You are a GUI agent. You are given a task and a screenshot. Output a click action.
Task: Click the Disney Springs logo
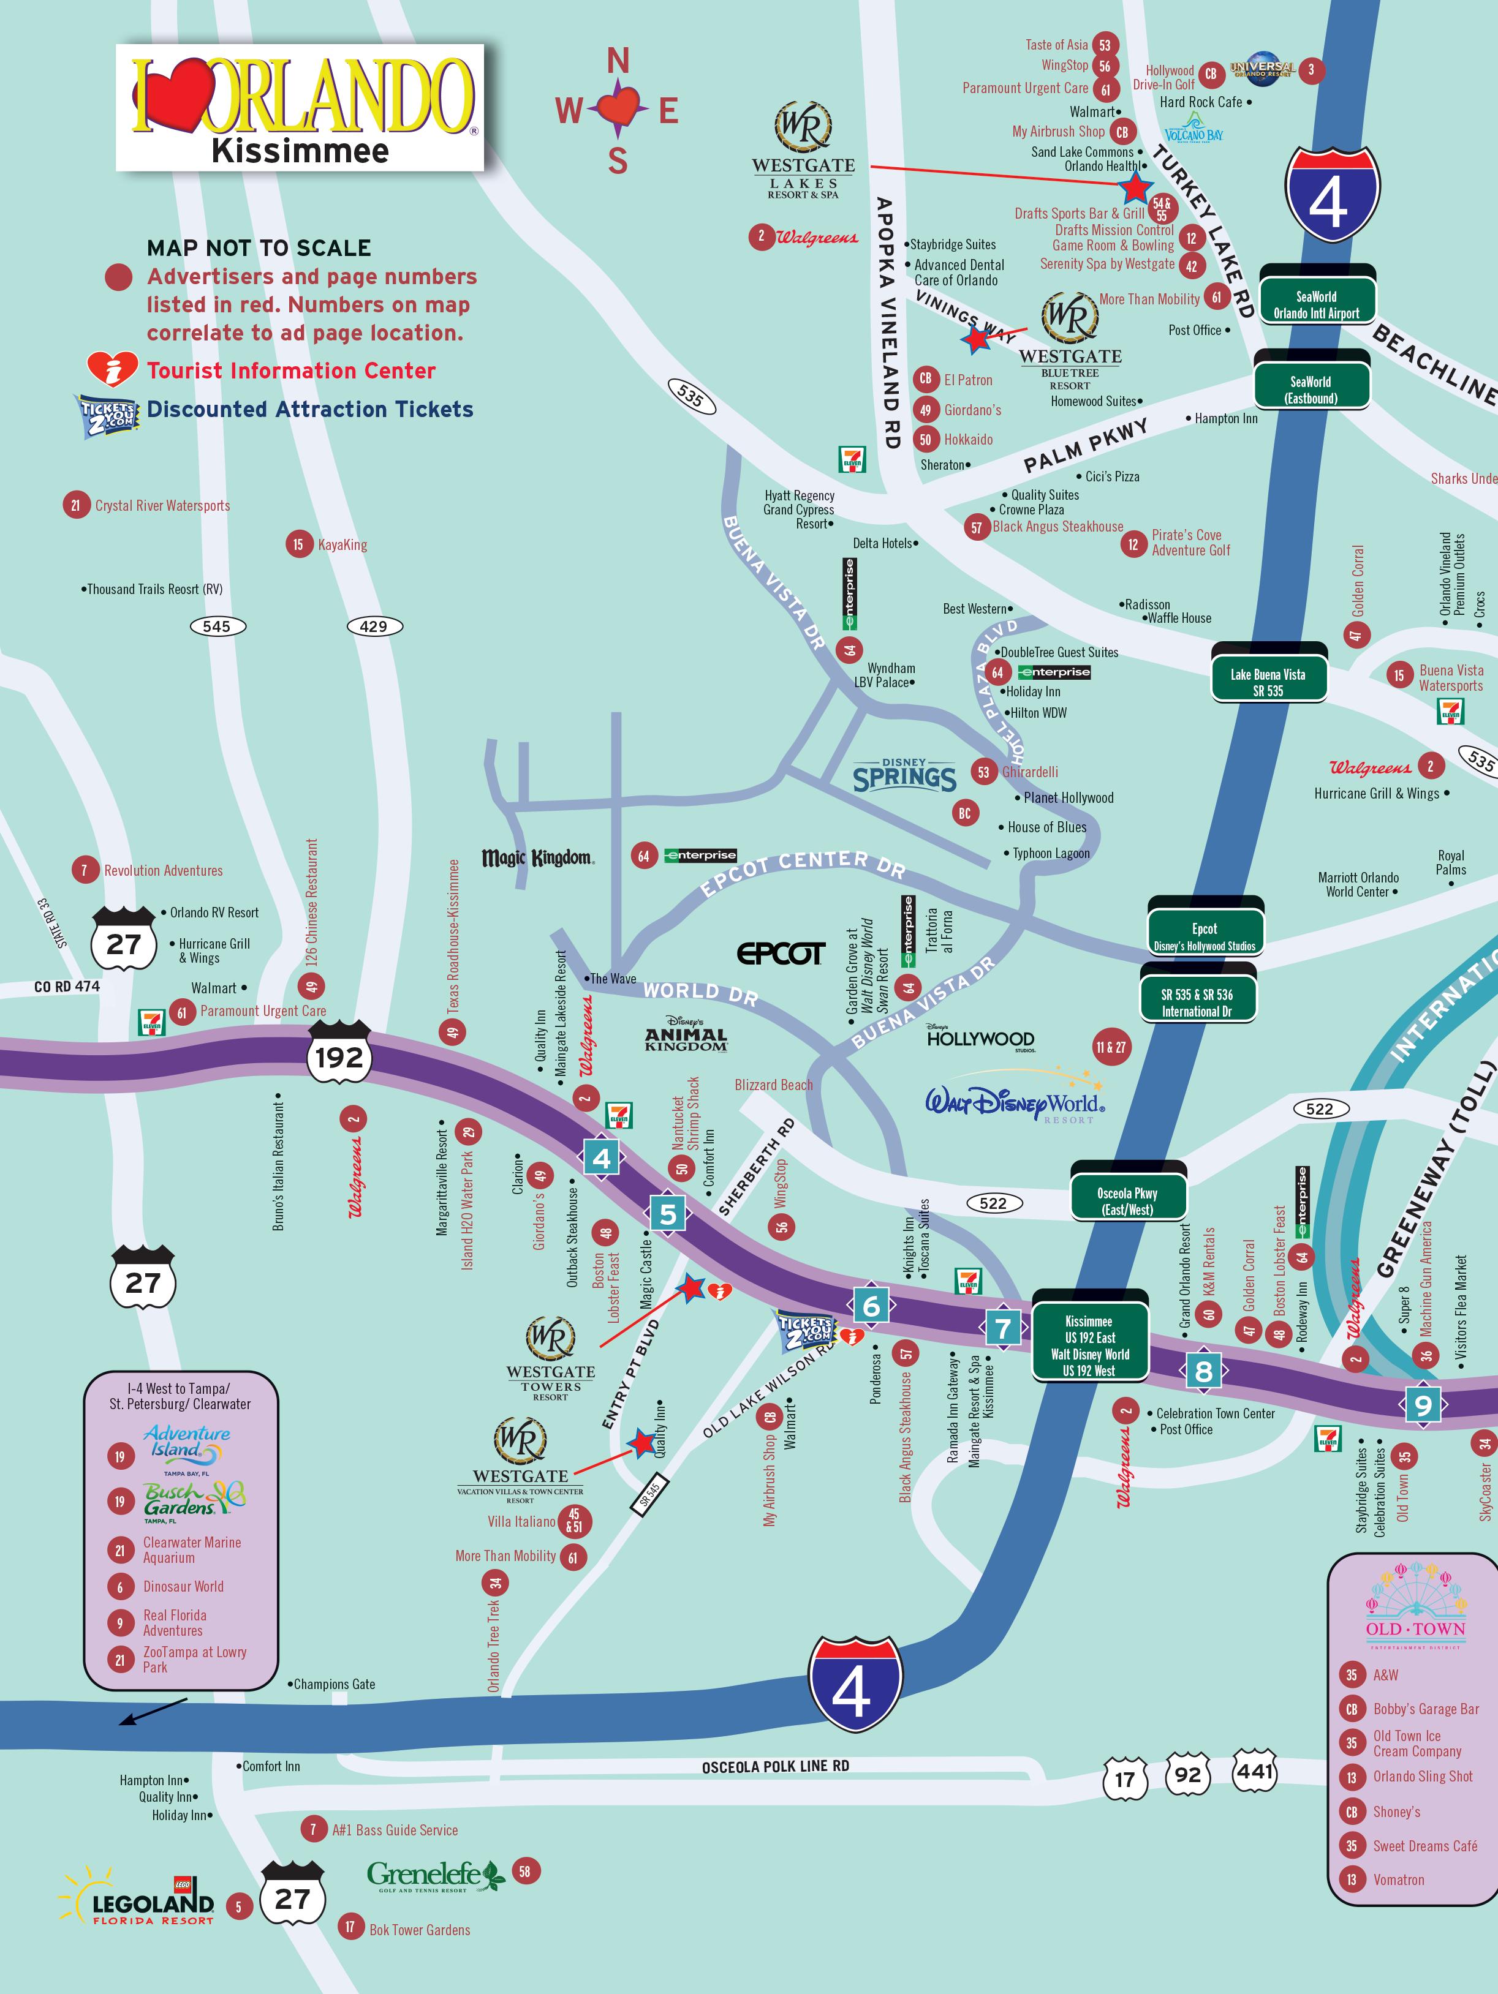(x=904, y=776)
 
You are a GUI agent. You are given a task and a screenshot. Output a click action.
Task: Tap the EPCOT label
(x=780, y=954)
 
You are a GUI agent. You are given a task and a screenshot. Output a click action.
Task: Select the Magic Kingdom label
(x=537, y=857)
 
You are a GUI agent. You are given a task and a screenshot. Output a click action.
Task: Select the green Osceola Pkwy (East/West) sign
(x=1127, y=1201)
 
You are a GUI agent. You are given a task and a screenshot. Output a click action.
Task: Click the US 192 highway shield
(x=339, y=1056)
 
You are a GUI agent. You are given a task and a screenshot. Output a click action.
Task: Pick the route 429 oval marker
(x=373, y=626)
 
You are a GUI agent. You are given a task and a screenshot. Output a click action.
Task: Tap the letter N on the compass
(x=618, y=61)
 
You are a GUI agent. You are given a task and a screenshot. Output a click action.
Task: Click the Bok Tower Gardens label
(x=419, y=1929)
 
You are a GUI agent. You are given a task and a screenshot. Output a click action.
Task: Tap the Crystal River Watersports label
(x=162, y=506)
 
